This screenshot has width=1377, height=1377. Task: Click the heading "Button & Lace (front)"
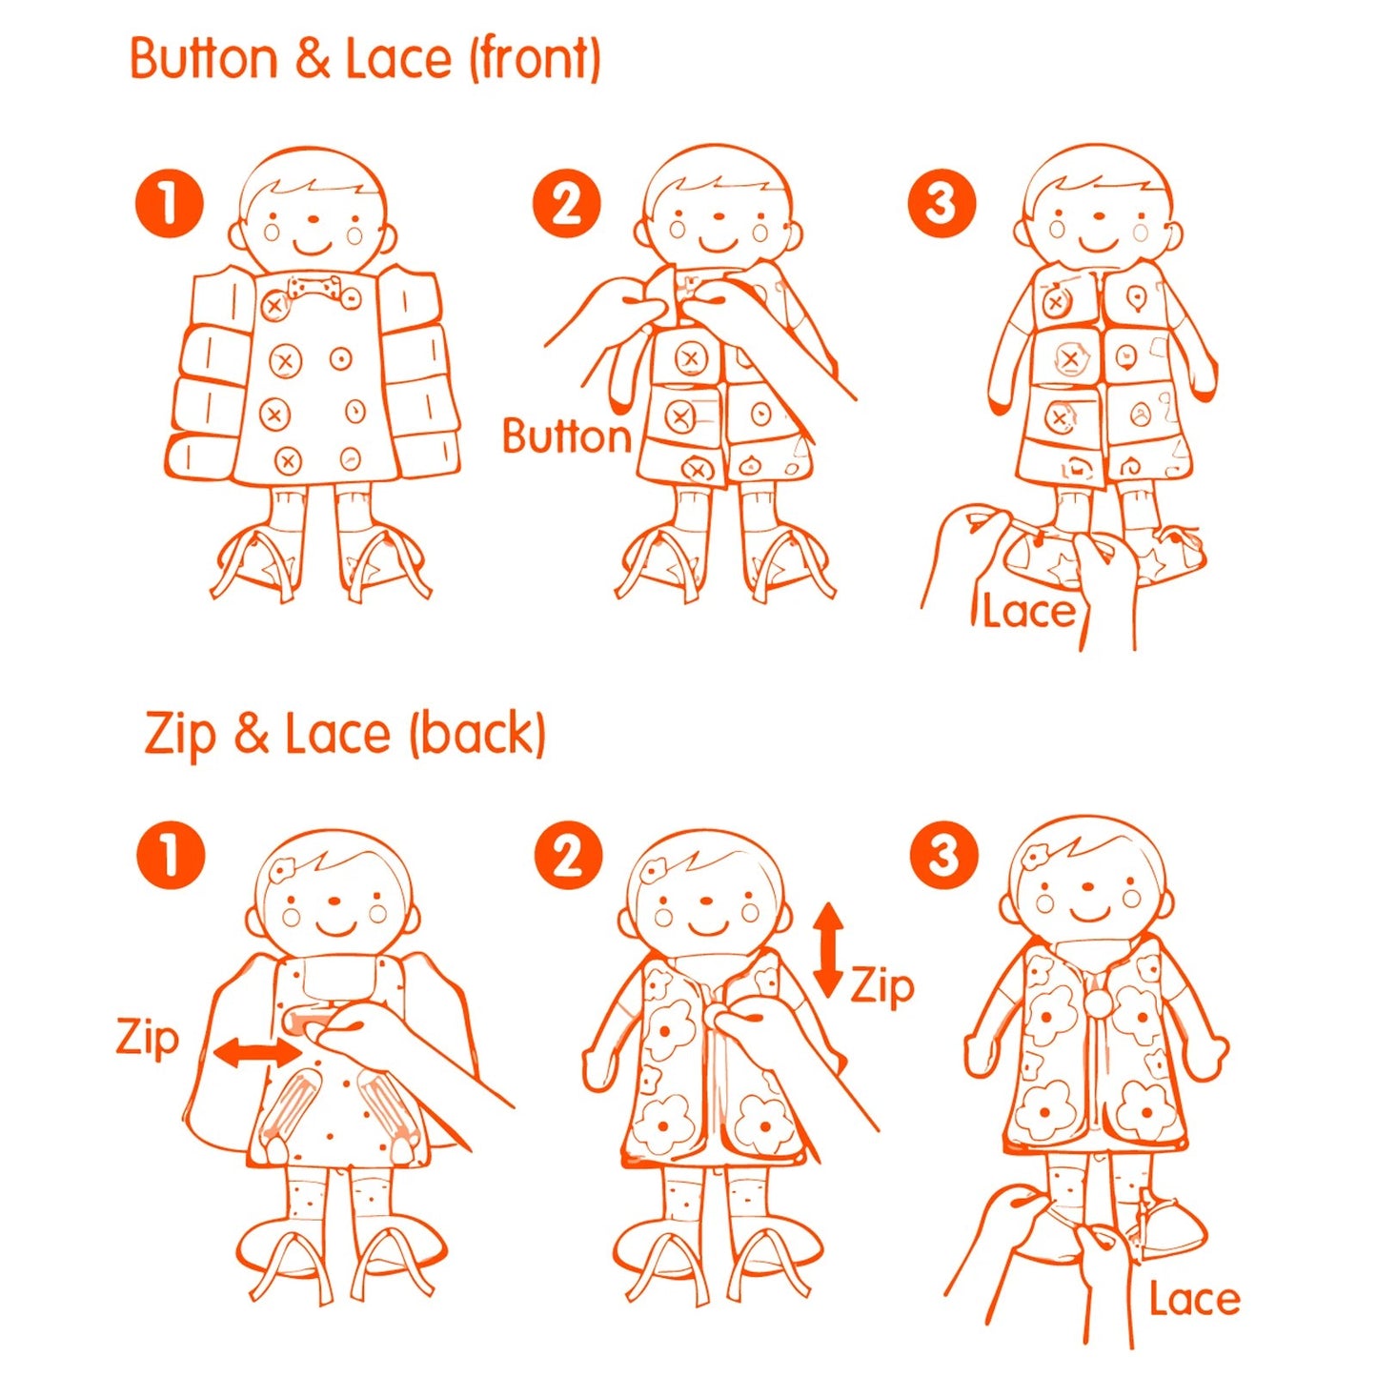pos(365,59)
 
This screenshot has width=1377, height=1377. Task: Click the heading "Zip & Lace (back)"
pos(345,735)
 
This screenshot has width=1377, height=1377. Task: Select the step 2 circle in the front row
pos(566,204)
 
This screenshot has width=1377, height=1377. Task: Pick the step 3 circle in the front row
pos(942,204)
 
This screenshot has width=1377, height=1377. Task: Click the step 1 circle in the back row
pos(171,855)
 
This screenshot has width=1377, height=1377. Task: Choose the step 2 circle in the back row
pos(568,856)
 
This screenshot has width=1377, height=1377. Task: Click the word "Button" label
pos(567,436)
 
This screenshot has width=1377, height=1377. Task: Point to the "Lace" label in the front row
pos(1028,611)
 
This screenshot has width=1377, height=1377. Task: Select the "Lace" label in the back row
pos(1194,1299)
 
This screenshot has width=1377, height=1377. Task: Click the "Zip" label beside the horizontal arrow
pos(148,1038)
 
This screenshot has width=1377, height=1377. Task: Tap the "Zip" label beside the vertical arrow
pos(882,985)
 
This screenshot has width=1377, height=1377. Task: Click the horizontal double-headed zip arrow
pos(256,1053)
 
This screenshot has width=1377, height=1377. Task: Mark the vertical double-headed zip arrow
pos(828,949)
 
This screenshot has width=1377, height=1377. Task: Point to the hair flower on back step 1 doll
pos(283,869)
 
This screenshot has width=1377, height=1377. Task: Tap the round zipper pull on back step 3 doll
pos(1099,1002)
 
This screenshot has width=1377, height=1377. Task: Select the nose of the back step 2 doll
pos(706,901)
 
